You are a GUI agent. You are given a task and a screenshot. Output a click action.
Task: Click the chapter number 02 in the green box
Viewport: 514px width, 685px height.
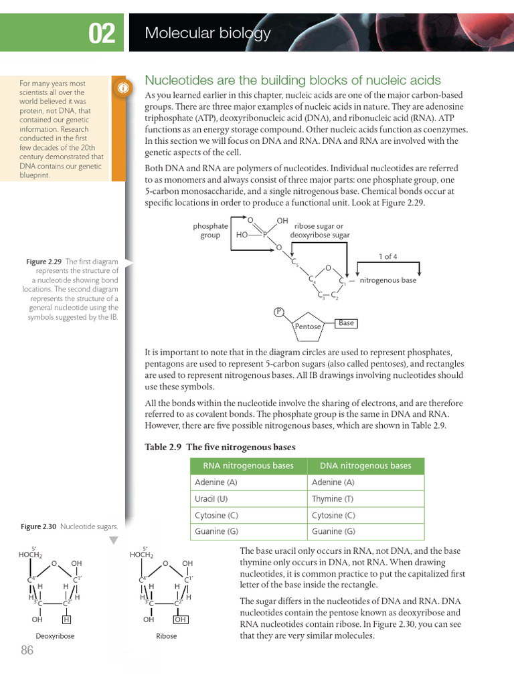tap(102, 33)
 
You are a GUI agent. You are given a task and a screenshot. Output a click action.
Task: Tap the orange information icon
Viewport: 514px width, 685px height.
tap(122, 88)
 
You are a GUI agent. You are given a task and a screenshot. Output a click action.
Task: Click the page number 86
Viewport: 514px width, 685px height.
tap(27, 651)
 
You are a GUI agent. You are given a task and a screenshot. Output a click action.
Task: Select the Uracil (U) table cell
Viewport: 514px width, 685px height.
tap(211, 499)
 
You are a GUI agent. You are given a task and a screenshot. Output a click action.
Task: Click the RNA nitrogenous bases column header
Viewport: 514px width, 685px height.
tap(248, 466)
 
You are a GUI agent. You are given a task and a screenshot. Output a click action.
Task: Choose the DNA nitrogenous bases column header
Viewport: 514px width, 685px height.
tap(365, 466)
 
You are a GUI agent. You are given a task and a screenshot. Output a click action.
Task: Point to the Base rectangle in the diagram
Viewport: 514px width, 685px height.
tap(346, 323)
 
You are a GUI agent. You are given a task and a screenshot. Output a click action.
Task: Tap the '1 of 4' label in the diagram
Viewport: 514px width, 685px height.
tap(388, 256)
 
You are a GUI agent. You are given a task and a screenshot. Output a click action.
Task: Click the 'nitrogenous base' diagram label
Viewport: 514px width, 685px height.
tap(388, 280)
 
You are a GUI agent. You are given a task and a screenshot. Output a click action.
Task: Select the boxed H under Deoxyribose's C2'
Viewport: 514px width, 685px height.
tap(67, 619)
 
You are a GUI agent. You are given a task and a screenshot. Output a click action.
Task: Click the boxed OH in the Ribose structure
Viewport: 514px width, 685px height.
tap(180, 619)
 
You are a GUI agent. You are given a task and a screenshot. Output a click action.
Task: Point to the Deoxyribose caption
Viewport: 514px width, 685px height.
tap(55, 636)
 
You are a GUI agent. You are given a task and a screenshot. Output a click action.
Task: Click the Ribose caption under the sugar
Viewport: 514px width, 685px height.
tap(167, 636)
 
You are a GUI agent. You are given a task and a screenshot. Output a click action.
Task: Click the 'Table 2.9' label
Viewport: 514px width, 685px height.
tap(163, 447)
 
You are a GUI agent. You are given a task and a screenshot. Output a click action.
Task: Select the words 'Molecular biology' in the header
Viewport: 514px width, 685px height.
tap(207, 33)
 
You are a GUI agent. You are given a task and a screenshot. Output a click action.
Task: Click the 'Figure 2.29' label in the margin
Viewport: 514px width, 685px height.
tap(44, 262)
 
